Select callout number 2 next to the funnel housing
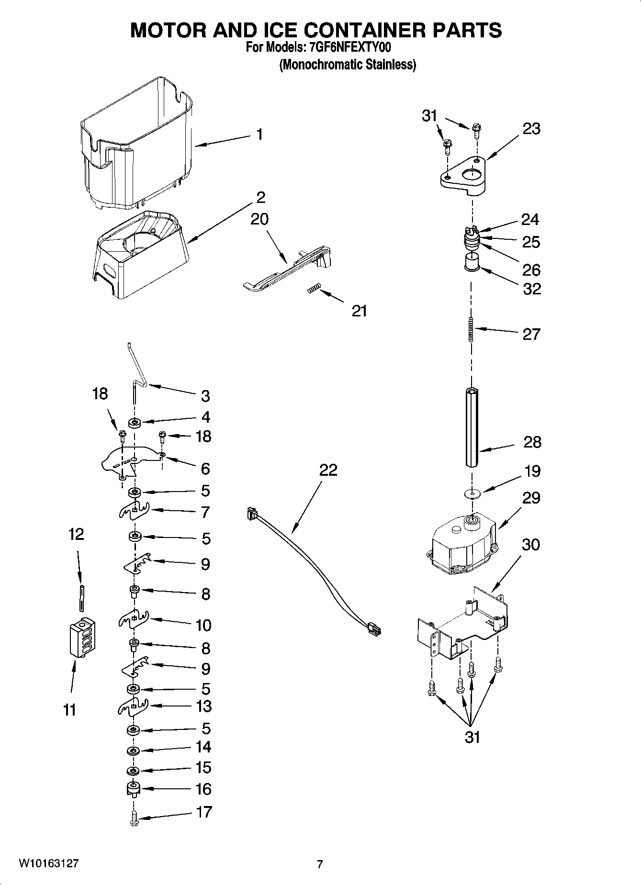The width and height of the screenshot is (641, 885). (x=261, y=197)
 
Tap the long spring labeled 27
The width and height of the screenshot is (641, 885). (x=471, y=329)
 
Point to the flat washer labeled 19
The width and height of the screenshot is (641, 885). (x=472, y=493)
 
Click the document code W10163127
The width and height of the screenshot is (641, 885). (x=48, y=863)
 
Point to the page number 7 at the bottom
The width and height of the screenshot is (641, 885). (x=320, y=864)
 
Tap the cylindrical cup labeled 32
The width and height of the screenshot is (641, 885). (x=472, y=263)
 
